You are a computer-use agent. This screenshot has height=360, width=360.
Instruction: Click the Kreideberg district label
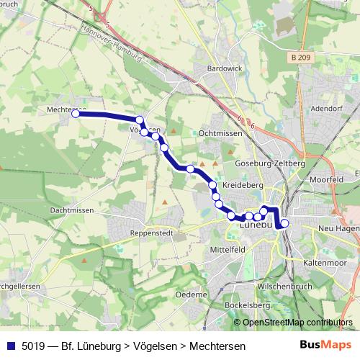tap(241, 185)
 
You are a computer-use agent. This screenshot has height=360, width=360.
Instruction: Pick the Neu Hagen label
tap(338, 228)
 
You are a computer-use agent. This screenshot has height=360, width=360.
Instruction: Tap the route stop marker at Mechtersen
tap(76, 113)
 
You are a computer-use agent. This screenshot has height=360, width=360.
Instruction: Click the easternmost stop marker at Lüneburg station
tap(284, 223)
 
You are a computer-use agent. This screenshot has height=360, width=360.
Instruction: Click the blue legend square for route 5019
tap(10, 346)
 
